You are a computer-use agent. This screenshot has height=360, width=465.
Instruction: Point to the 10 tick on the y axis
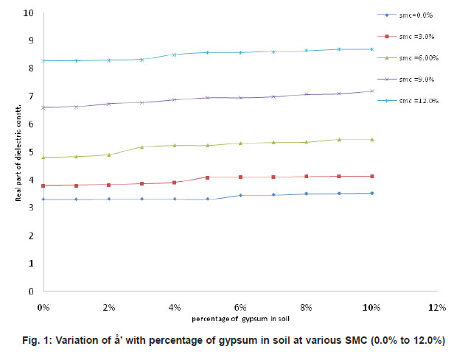[27, 13]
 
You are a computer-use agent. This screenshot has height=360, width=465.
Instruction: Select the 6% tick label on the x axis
[240, 305]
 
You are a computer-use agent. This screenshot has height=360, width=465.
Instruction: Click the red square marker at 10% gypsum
[371, 177]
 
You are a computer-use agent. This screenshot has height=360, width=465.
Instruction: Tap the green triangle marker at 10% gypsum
[371, 139]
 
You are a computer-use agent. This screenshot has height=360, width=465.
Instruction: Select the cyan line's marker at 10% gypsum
[371, 49]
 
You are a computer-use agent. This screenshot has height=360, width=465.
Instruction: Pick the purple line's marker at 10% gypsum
[371, 91]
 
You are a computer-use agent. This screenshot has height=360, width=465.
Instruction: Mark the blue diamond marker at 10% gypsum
[371, 194]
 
